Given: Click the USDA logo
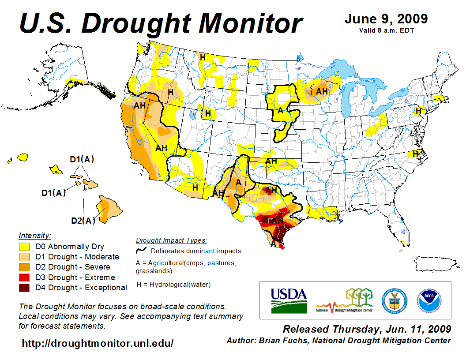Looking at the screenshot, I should [x=289, y=300].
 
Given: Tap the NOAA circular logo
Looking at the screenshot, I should [x=427, y=300].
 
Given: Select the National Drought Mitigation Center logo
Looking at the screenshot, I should [x=344, y=300].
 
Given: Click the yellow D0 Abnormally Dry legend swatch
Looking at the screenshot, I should [x=24, y=247].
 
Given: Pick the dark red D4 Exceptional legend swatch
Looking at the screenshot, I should [x=24, y=288].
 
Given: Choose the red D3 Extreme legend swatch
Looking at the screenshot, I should [x=24, y=277].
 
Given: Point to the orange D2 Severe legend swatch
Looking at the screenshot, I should [x=24, y=267].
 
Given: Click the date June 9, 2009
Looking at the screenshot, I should [x=386, y=19].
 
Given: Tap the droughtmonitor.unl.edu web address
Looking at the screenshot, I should [x=98, y=343].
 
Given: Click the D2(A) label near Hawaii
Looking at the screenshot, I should [x=83, y=220].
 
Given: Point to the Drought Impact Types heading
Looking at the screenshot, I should [x=171, y=240].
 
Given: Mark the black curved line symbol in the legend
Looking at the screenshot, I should [x=141, y=251].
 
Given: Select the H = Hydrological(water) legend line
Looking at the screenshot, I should [x=173, y=284].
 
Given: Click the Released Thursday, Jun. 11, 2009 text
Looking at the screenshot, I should [x=367, y=329].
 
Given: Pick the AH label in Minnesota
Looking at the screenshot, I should [x=322, y=91].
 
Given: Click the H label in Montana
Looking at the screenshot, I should [x=203, y=57].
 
